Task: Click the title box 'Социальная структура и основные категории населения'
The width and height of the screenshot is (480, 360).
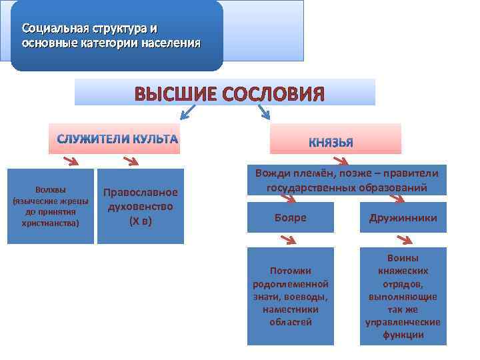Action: point(117,36)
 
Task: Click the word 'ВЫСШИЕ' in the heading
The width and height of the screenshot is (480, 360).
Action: point(173,93)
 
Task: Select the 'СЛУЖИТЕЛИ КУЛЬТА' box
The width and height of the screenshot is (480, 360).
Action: point(114,139)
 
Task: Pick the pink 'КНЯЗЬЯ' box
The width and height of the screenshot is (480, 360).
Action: point(335,140)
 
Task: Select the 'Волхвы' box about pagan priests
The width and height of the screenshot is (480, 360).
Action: point(51,206)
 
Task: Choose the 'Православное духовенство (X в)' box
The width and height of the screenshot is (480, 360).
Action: point(140,206)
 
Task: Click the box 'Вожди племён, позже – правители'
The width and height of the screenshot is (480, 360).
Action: point(347,180)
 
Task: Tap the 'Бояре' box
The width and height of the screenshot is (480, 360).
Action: point(290,217)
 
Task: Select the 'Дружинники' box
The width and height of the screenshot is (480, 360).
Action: point(403,217)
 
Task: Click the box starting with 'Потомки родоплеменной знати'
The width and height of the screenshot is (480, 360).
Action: point(290,296)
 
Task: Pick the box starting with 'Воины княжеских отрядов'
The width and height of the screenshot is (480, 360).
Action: point(403,296)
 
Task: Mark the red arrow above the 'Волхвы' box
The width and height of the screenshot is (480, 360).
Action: point(69,161)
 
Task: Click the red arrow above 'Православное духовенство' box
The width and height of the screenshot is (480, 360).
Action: point(130,161)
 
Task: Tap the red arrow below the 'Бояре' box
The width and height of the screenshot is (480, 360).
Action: point(288,239)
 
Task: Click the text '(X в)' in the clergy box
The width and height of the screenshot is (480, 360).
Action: point(140,221)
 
